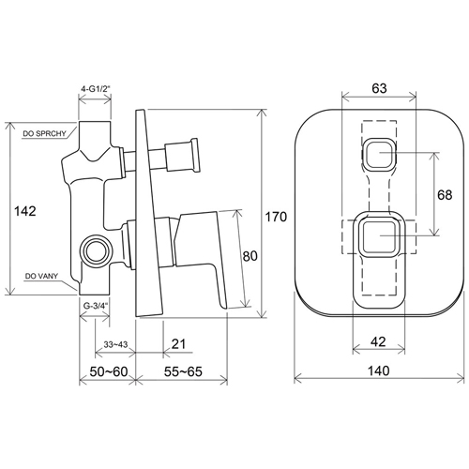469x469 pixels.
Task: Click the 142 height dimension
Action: coord(25,211)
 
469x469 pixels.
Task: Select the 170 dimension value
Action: coord(276,217)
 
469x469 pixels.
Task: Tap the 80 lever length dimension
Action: coord(250,256)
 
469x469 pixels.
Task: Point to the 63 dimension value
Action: coord(379,88)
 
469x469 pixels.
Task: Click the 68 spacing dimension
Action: coord(445,195)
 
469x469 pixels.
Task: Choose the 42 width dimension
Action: coord(378,341)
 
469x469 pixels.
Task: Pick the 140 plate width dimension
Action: coord(378,371)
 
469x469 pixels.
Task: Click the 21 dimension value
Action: coord(178,344)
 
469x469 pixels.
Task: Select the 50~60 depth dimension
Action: coord(109,371)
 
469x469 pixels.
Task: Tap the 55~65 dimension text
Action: coord(183,371)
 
